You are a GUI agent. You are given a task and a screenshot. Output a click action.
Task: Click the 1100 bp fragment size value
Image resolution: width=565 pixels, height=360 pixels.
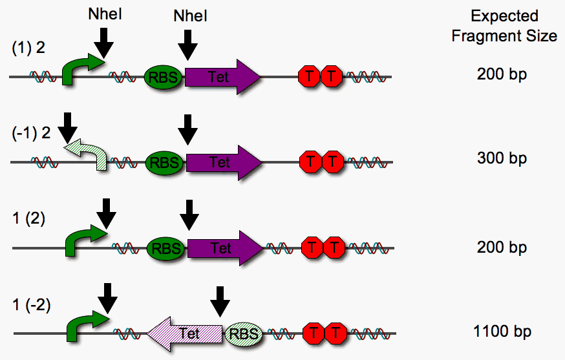502,332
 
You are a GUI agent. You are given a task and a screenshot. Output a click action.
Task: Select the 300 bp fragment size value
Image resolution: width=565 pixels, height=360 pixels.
502,158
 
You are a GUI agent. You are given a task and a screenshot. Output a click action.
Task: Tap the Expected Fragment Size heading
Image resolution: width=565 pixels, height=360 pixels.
504,26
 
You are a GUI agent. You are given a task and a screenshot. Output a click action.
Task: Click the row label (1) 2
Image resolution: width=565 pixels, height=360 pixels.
27,48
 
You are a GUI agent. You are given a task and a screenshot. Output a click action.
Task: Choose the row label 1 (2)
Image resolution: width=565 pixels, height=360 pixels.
28,219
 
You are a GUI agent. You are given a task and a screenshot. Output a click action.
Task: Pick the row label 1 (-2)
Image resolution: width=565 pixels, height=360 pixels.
30,304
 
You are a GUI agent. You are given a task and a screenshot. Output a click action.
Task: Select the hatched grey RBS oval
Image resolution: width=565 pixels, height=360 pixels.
244,334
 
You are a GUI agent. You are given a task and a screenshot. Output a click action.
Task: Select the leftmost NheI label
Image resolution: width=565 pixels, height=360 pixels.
105,14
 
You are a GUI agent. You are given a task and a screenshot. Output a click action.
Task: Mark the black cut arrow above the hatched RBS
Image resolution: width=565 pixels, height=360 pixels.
221,301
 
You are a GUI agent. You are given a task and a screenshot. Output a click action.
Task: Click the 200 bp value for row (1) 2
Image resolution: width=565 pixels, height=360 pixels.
502,74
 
